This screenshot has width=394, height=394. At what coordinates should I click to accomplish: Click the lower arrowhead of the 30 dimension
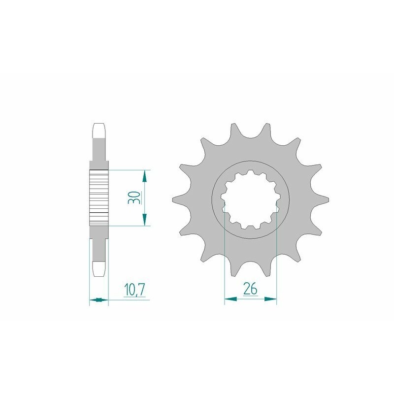[x=144, y=222]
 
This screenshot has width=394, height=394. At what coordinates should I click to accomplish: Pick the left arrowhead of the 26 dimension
[x=228, y=298]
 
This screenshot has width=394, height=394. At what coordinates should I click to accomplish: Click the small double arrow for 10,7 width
[x=98, y=299]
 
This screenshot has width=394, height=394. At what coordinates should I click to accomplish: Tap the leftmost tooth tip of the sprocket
[x=173, y=199]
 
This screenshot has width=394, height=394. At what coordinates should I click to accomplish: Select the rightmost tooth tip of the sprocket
[x=328, y=199]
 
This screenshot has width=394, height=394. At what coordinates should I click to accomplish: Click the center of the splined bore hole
[x=250, y=199]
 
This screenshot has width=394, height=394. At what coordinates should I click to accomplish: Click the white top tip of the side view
[x=98, y=130]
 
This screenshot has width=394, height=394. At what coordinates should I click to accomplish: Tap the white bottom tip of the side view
[x=98, y=268]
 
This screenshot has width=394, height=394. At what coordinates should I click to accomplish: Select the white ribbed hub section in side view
[x=98, y=197]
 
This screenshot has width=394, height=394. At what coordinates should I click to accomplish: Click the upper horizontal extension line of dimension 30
[x=128, y=169]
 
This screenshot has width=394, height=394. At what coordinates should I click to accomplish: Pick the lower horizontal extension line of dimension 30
[x=128, y=226]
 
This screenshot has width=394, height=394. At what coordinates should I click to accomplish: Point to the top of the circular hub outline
[x=250, y=161]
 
